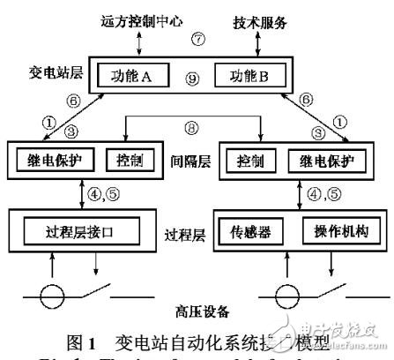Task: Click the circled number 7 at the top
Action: tap(198, 41)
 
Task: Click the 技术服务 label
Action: tap(264, 20)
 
